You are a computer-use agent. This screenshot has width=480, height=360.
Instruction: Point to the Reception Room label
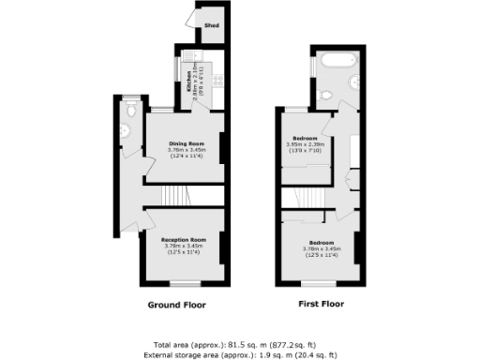point(183,240)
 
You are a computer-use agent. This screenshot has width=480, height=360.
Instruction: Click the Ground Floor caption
point(177,305)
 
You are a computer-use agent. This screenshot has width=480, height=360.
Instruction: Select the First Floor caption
point(320,305)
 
